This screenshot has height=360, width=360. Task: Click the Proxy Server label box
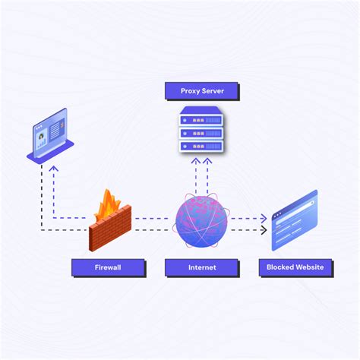click(201, 91)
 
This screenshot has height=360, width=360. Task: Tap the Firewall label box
click(108, 267)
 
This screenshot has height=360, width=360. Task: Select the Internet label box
click(201, 267)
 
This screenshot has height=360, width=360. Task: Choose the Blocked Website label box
click(295, 267)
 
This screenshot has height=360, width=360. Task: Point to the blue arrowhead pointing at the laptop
click(53, 170)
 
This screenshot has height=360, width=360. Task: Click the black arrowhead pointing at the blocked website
click(264, 229)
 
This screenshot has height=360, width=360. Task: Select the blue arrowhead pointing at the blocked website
click(264, 218)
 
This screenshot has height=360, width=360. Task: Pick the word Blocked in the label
click(280, 267)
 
